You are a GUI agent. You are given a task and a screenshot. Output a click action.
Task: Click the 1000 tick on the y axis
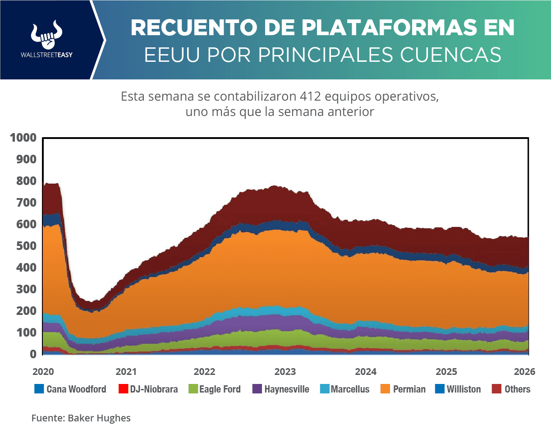pyautogui.click(x=23, y=138)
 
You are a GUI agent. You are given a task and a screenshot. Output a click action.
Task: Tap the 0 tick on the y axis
pyautogui.click(x=33, y=354)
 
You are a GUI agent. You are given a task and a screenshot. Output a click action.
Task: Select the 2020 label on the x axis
pyautogui.click(x=43, y=372)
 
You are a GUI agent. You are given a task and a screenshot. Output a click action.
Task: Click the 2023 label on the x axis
pyautogui.click(x=285, y=372)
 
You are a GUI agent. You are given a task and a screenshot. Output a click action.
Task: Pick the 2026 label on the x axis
pyautogui.click(x=524, y=372)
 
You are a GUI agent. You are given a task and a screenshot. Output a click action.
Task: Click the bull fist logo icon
pyautogui.click(x=46, y=34)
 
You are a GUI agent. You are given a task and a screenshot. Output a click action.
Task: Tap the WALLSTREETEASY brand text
pyautogui.click(x=46, y=55)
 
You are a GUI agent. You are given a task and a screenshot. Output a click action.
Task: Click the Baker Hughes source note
pyautogui.click(x=99, y=418)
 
